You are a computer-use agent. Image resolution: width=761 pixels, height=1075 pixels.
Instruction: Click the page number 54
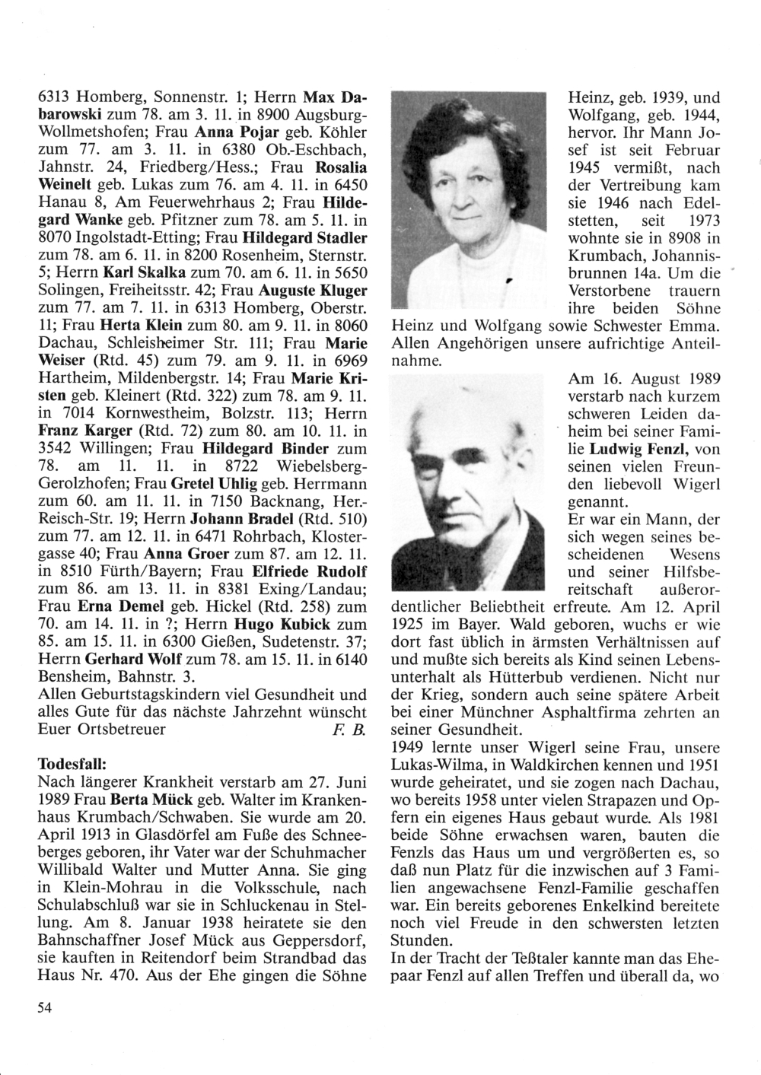click(43, 1007)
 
